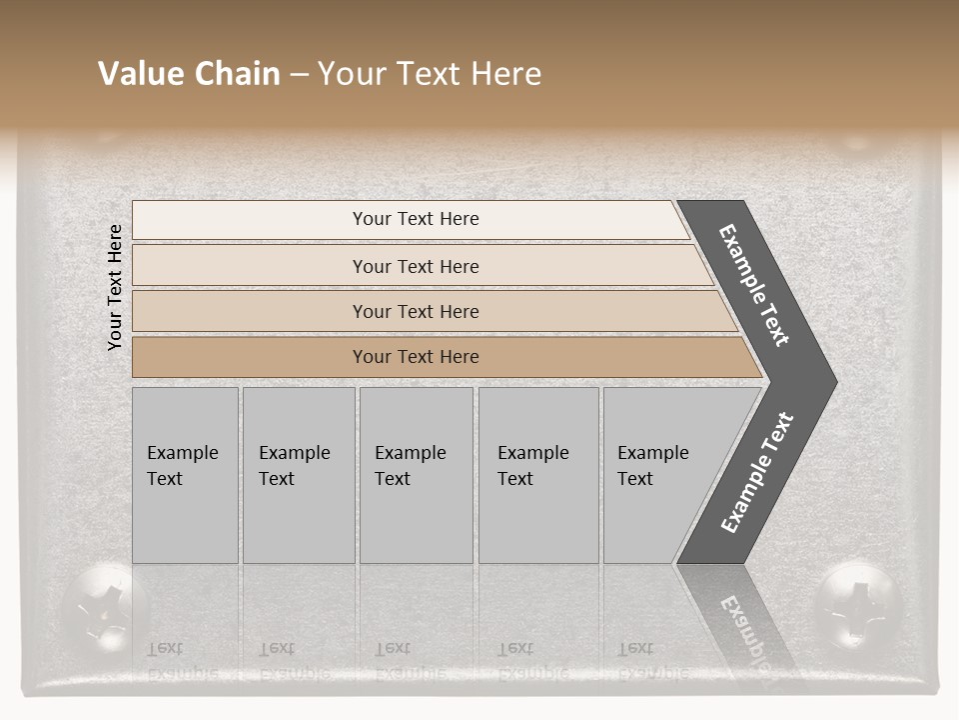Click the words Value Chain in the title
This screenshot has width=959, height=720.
[189, 74]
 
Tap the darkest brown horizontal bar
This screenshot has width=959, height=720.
[250, 357]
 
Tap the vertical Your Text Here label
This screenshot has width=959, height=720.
[115, 288]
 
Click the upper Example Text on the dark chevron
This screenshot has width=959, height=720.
[754, 285]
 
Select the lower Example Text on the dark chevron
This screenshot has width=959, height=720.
[757, 473]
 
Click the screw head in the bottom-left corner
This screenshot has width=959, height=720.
[104, 605]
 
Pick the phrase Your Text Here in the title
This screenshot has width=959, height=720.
[430, 74]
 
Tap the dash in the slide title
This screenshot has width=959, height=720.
[299, 75]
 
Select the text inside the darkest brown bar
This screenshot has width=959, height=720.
[416, 357]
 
